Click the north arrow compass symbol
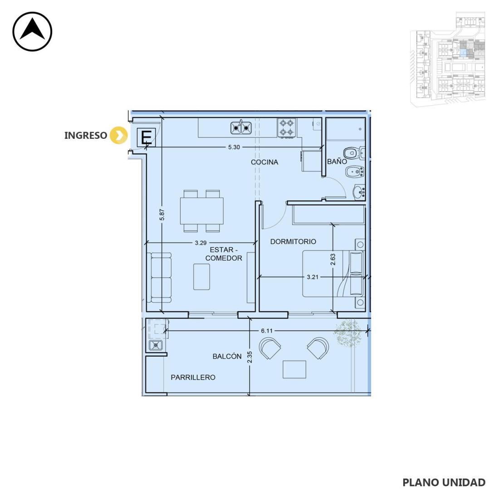(32, 31)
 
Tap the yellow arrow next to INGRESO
(118, 135)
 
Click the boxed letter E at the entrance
(147, 137)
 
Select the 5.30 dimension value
(234, 147)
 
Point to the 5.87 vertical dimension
(162, 215)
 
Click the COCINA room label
(264, 162)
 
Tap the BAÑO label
(337, 161)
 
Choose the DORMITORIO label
(293, 241)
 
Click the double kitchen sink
(241, 127)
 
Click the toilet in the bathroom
(354, 153)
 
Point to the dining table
(202, 210)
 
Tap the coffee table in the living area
(202, 277)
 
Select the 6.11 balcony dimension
(267, 331)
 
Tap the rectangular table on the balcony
(294, 369)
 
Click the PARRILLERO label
(193, 377)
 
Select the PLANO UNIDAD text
(444, 483)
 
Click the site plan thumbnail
(447, 59)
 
